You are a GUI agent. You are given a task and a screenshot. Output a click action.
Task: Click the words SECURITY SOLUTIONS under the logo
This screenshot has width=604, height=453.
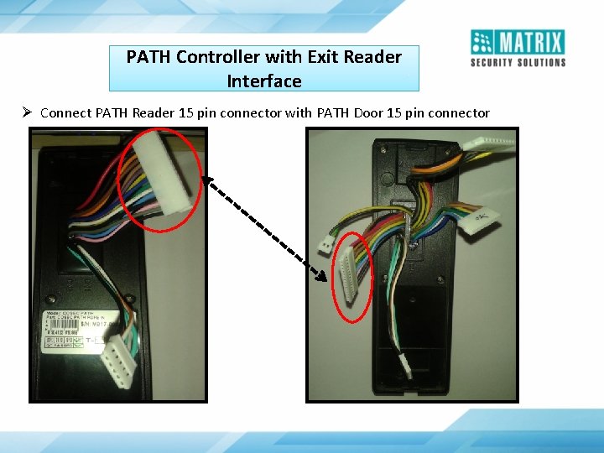[518, 62]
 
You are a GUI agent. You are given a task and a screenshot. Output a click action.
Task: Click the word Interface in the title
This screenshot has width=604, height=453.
[264, 81]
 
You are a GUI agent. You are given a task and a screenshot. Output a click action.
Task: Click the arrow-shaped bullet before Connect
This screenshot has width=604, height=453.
[28, 112]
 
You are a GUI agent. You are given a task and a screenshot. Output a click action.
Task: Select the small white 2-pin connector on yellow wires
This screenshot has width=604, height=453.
[325, 242]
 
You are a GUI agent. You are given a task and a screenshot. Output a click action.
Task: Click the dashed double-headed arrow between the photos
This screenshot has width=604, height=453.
[264, 226]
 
